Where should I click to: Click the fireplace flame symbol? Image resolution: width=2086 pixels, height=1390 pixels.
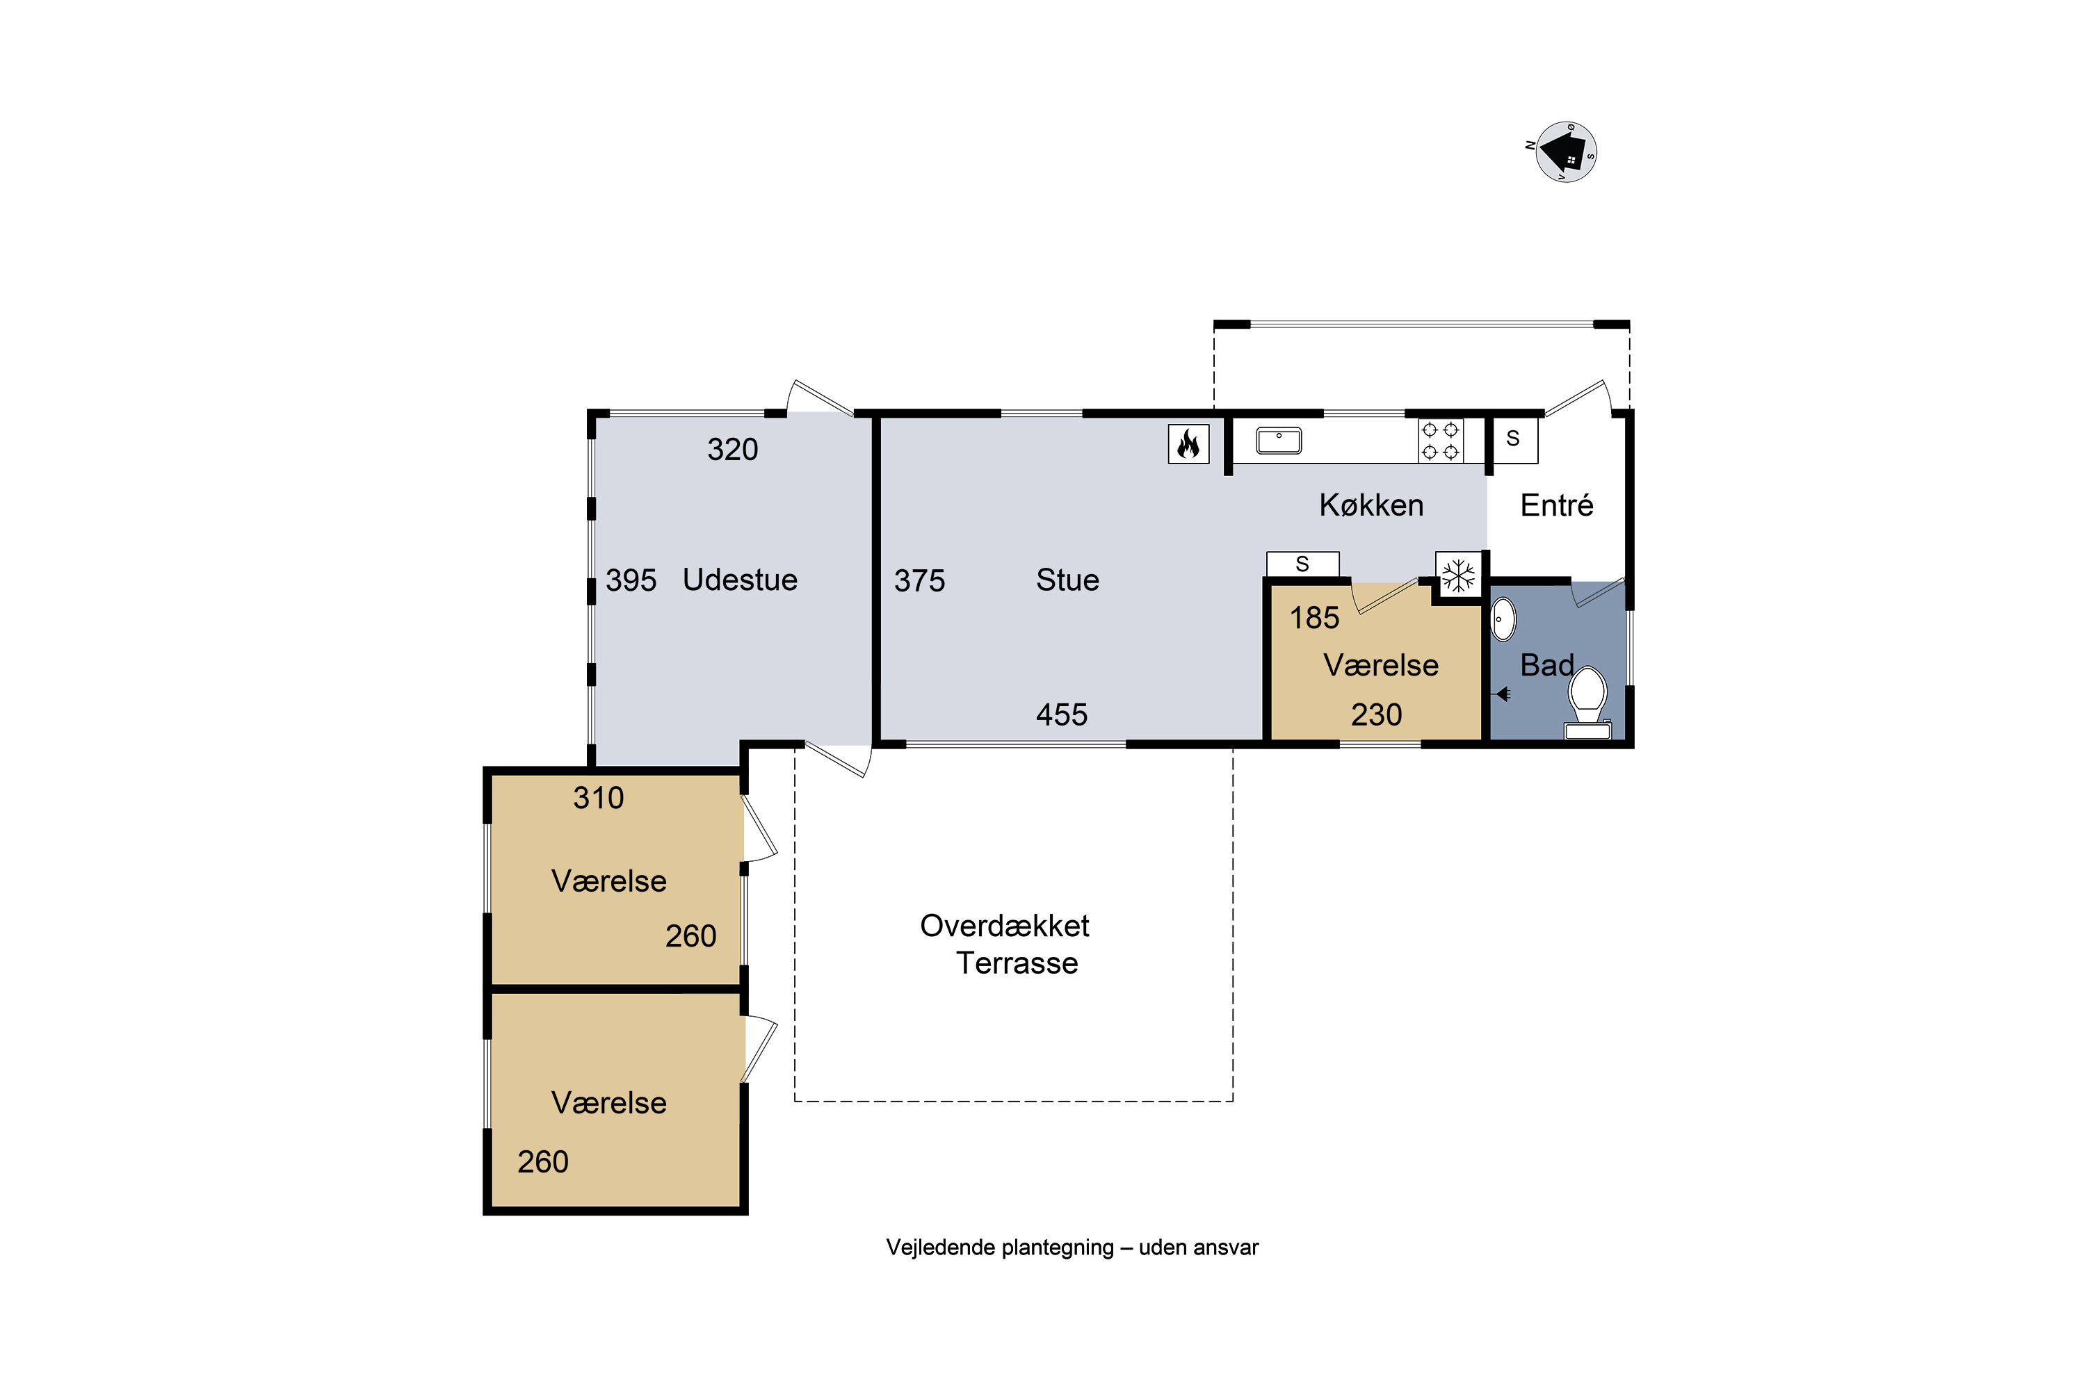1188,444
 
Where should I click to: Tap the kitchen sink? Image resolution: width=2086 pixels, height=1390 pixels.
1279,441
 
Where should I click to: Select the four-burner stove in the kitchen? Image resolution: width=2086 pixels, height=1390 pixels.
1440,441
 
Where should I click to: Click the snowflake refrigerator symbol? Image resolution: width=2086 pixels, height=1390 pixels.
1458,576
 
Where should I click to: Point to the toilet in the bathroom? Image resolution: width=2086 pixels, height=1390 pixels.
1587,703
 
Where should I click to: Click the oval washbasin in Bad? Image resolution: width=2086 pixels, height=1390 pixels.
1503,620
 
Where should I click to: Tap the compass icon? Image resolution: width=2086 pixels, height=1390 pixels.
1564,152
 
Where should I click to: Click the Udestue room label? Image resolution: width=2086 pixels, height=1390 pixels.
740,580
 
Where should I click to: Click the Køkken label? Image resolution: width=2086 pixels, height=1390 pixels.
1371,505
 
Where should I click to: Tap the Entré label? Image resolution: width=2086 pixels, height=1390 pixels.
1557,505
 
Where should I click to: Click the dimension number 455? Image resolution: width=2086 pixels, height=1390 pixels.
1062,714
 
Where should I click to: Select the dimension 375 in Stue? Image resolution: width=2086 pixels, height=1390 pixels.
920,580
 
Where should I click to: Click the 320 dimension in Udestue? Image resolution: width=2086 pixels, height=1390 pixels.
733,450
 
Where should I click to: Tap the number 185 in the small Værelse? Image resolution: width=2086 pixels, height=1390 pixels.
1314,618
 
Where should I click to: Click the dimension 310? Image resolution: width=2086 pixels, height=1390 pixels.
599,798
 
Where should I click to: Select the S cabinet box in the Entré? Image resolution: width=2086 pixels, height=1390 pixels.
1514,439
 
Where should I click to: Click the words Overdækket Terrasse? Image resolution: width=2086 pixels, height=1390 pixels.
1005,944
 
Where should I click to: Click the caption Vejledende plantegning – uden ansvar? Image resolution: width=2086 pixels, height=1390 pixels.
1072,1248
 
